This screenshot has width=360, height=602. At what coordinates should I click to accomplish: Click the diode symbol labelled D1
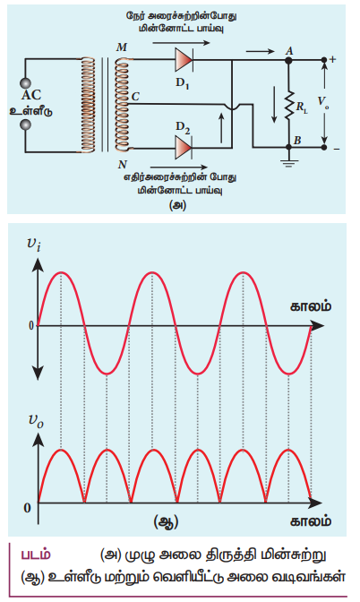click(184, 60)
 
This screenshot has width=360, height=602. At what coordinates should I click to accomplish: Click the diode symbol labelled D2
click(184, 148)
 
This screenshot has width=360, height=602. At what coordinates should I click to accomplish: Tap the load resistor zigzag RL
click(288, 105)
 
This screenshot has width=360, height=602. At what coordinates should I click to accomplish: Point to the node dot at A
click(288, 60)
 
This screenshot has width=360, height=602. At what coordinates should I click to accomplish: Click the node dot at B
click(288, 148)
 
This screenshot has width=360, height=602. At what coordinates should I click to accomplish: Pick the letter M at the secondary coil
click(121, 47)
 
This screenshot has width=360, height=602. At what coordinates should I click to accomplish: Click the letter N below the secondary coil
click(122, 165)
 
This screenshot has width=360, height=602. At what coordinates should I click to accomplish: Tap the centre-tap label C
click(135, 97)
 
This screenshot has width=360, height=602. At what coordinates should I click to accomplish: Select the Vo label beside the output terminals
click(322, 101)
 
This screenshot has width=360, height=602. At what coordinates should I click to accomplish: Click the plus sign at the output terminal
click(333, 59)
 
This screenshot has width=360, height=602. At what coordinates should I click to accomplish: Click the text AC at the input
click(31, 95)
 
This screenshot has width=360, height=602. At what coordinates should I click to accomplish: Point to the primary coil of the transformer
click(88, 105)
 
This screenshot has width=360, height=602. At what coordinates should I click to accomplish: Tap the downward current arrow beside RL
click(274, 105)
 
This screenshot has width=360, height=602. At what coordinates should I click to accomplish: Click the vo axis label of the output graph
click(36, 421)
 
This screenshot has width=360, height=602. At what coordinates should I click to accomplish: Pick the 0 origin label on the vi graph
click(31, 326)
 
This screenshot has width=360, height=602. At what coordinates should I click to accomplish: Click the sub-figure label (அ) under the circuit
click(177, 205)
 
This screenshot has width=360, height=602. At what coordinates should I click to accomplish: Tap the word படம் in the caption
click(35, 555)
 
